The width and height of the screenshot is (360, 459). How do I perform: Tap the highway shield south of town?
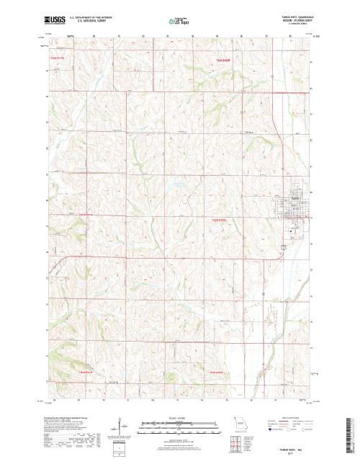pos(283,247)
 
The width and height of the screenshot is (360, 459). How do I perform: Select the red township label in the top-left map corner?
pos(58,58)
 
